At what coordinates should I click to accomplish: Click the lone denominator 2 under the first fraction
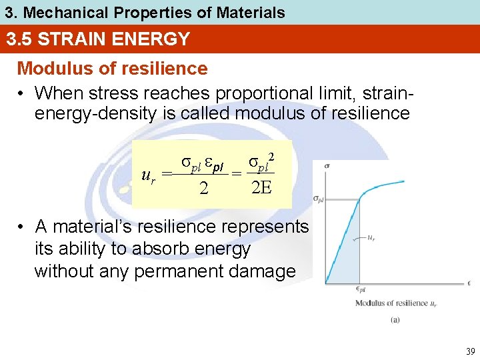tap(204, 189)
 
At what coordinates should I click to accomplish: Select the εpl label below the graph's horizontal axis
tap(360, 289)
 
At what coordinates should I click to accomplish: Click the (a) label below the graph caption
tap(395, 319)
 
